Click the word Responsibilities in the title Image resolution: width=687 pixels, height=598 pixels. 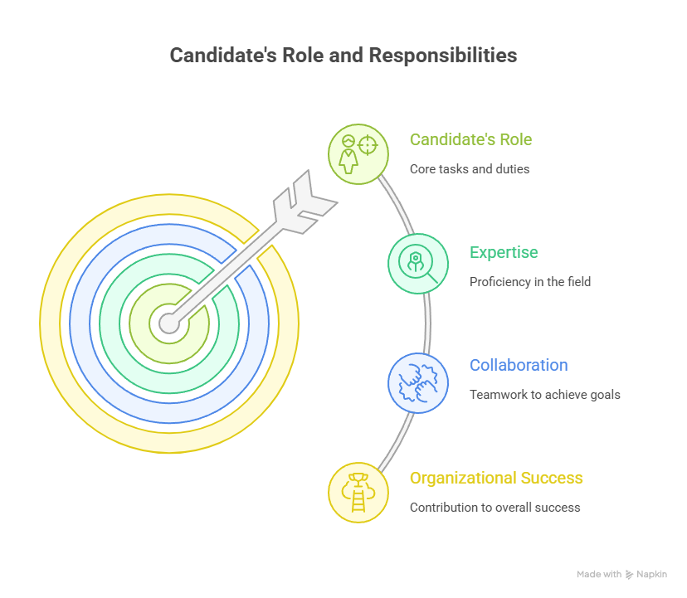(443, 56)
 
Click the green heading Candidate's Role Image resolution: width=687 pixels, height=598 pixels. (470, 139)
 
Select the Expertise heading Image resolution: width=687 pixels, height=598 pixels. (504, 253)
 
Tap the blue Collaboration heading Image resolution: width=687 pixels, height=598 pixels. (519, 366)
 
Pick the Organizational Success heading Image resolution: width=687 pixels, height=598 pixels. (496, 478)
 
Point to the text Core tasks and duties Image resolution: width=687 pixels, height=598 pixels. (470, 169)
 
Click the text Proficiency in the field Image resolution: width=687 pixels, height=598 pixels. (529, 282)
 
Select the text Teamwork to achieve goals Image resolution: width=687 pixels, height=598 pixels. (544, 395)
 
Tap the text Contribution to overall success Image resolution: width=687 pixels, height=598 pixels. (495, 508)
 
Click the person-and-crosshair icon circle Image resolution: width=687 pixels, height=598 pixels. (358, 154)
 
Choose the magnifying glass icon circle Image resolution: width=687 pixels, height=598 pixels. (418, 264)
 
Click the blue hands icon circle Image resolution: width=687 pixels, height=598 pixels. (418, 383)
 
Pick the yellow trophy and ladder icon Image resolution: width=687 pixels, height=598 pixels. (358, 493)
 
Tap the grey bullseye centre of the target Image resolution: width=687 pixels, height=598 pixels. (169, 323)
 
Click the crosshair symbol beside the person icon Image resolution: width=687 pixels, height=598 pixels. (368, 145)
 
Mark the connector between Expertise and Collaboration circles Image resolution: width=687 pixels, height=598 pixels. (427, 323)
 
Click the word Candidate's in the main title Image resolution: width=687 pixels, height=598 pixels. (223, 56)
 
